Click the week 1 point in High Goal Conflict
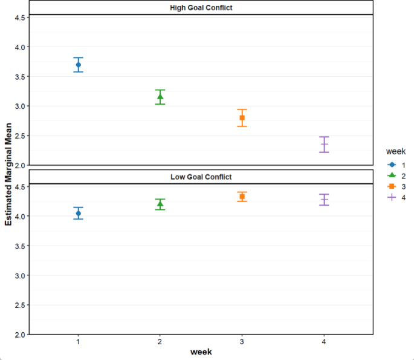[x=79, y=65]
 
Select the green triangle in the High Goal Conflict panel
[x=160, y=97]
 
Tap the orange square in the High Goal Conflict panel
[x=242, y=118]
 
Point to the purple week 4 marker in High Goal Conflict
[x=324, y=145]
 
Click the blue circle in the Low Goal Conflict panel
[x=79, y=214]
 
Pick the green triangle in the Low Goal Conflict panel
[x=160, y=204]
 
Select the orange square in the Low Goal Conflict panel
[x=242, y=197]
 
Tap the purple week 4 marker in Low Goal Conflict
[x=324, y=200]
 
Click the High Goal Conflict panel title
[x=201, y=8]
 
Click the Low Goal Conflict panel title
[x=201, y=177]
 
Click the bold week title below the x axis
[x=201, y=352]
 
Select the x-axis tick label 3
[x=242, y=342]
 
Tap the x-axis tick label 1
[x=79, y=342]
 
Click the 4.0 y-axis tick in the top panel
[x=18, y=47]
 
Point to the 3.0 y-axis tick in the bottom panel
[x=18, y=276]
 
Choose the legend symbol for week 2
[x=392, y=175]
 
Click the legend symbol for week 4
[x=392, y=197]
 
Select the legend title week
[x=396, y=151]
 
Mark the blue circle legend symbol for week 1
[x=392, y=164]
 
